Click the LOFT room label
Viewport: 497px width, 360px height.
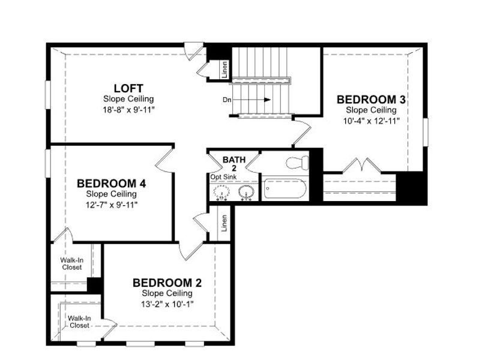tap(128, 88)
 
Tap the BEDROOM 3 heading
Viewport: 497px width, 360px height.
tap(371, 99)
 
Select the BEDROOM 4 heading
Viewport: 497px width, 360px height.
tap(111, 183)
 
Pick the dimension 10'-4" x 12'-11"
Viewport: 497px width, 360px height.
tap(371, 120)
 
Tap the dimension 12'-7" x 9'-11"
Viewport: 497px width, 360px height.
tap(111, 205)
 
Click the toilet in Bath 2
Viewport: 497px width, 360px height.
tap(297, 162)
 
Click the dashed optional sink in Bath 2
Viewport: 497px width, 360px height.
tap(221, 192)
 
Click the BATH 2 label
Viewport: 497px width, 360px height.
tap(234, 164)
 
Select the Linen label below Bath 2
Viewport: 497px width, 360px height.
tap(224, 223)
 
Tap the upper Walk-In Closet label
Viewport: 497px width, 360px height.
tap(71, 263)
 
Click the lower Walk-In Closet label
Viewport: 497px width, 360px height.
tap(79, 322)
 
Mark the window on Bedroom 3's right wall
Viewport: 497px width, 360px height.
tap(426, 131)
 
